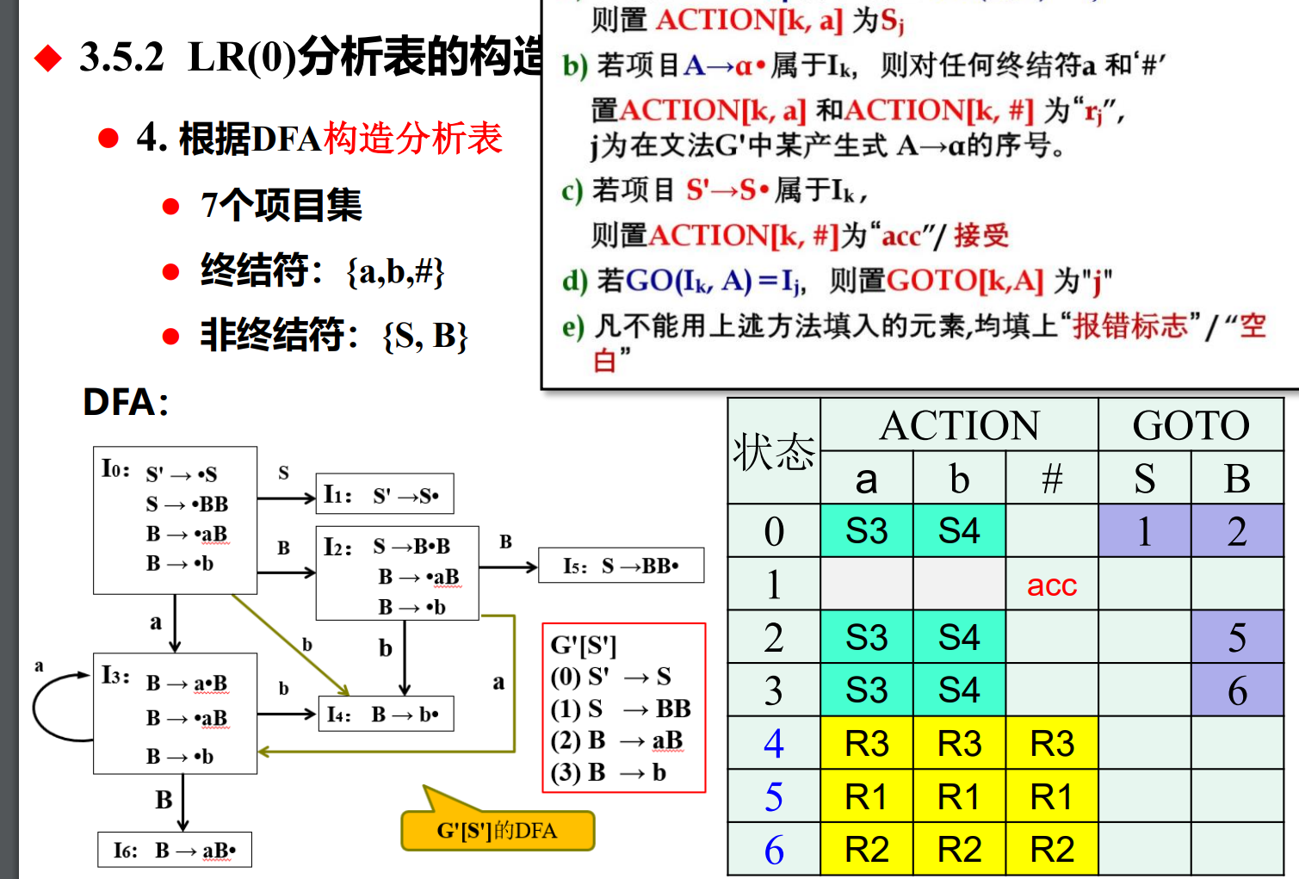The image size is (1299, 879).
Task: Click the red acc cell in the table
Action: [x=1051, y=585]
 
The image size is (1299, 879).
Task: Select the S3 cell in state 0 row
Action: [x=866, y=531]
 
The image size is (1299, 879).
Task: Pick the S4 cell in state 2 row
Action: [x=959, y=638]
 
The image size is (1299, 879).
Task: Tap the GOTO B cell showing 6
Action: [x=1237, y=690]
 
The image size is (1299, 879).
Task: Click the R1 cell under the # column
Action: [x=1051, y=797]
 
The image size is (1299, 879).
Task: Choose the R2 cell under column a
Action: [x=866, y=851]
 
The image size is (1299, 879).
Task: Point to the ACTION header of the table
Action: [x=959, y=425]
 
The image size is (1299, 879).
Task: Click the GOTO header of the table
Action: [x=1191, y=425]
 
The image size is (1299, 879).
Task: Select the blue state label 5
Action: [x=774, y=797]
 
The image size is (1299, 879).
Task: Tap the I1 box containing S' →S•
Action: [x=385, y=495]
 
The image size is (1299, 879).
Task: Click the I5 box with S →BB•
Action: [x=621, y=566]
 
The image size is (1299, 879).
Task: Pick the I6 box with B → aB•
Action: [x=175, y=851]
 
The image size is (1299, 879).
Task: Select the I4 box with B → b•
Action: [x=385, y=715]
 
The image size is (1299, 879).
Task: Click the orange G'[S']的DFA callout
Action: [x=498, y=830]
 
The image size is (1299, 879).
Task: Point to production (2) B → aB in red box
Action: [x=616, y=740]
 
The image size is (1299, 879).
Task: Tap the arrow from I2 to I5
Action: [x=508, y=566]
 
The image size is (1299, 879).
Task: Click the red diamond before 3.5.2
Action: [x=48, y=59]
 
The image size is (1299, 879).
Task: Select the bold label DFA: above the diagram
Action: [x=126, y=402]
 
